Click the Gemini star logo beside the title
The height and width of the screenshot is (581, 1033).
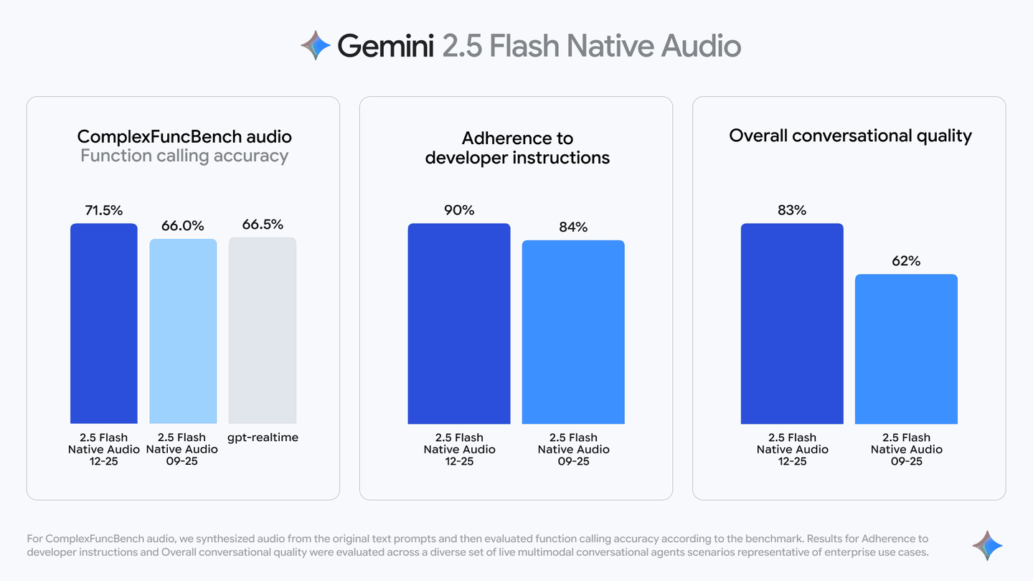coord(316,45)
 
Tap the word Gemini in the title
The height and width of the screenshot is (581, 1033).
coord(385,46)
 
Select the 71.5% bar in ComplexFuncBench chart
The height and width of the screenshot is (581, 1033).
coord(104,323)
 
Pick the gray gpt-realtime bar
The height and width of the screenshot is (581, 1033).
coord(263,331)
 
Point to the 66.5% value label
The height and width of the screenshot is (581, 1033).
coord(263,225)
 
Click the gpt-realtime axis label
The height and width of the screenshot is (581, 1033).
coord(263,438)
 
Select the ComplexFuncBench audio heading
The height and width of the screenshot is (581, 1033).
coord(184,136)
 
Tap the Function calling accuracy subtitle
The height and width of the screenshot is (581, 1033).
coord(184,156)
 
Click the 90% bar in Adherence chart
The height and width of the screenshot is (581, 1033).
coord(459,323)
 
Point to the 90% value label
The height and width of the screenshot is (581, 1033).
coord(459,210)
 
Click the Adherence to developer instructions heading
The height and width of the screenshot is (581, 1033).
coord(517,148)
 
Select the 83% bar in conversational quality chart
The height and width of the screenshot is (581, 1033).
coord(792,323)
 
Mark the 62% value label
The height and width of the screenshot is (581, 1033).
coord(906,261)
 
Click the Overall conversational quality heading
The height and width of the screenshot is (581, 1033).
coord(850,136)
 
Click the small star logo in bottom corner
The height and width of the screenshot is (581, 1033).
coord(987,546)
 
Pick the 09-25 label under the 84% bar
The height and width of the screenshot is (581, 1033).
coord(573,461)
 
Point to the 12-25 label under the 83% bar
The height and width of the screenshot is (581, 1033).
coord(792,461)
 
